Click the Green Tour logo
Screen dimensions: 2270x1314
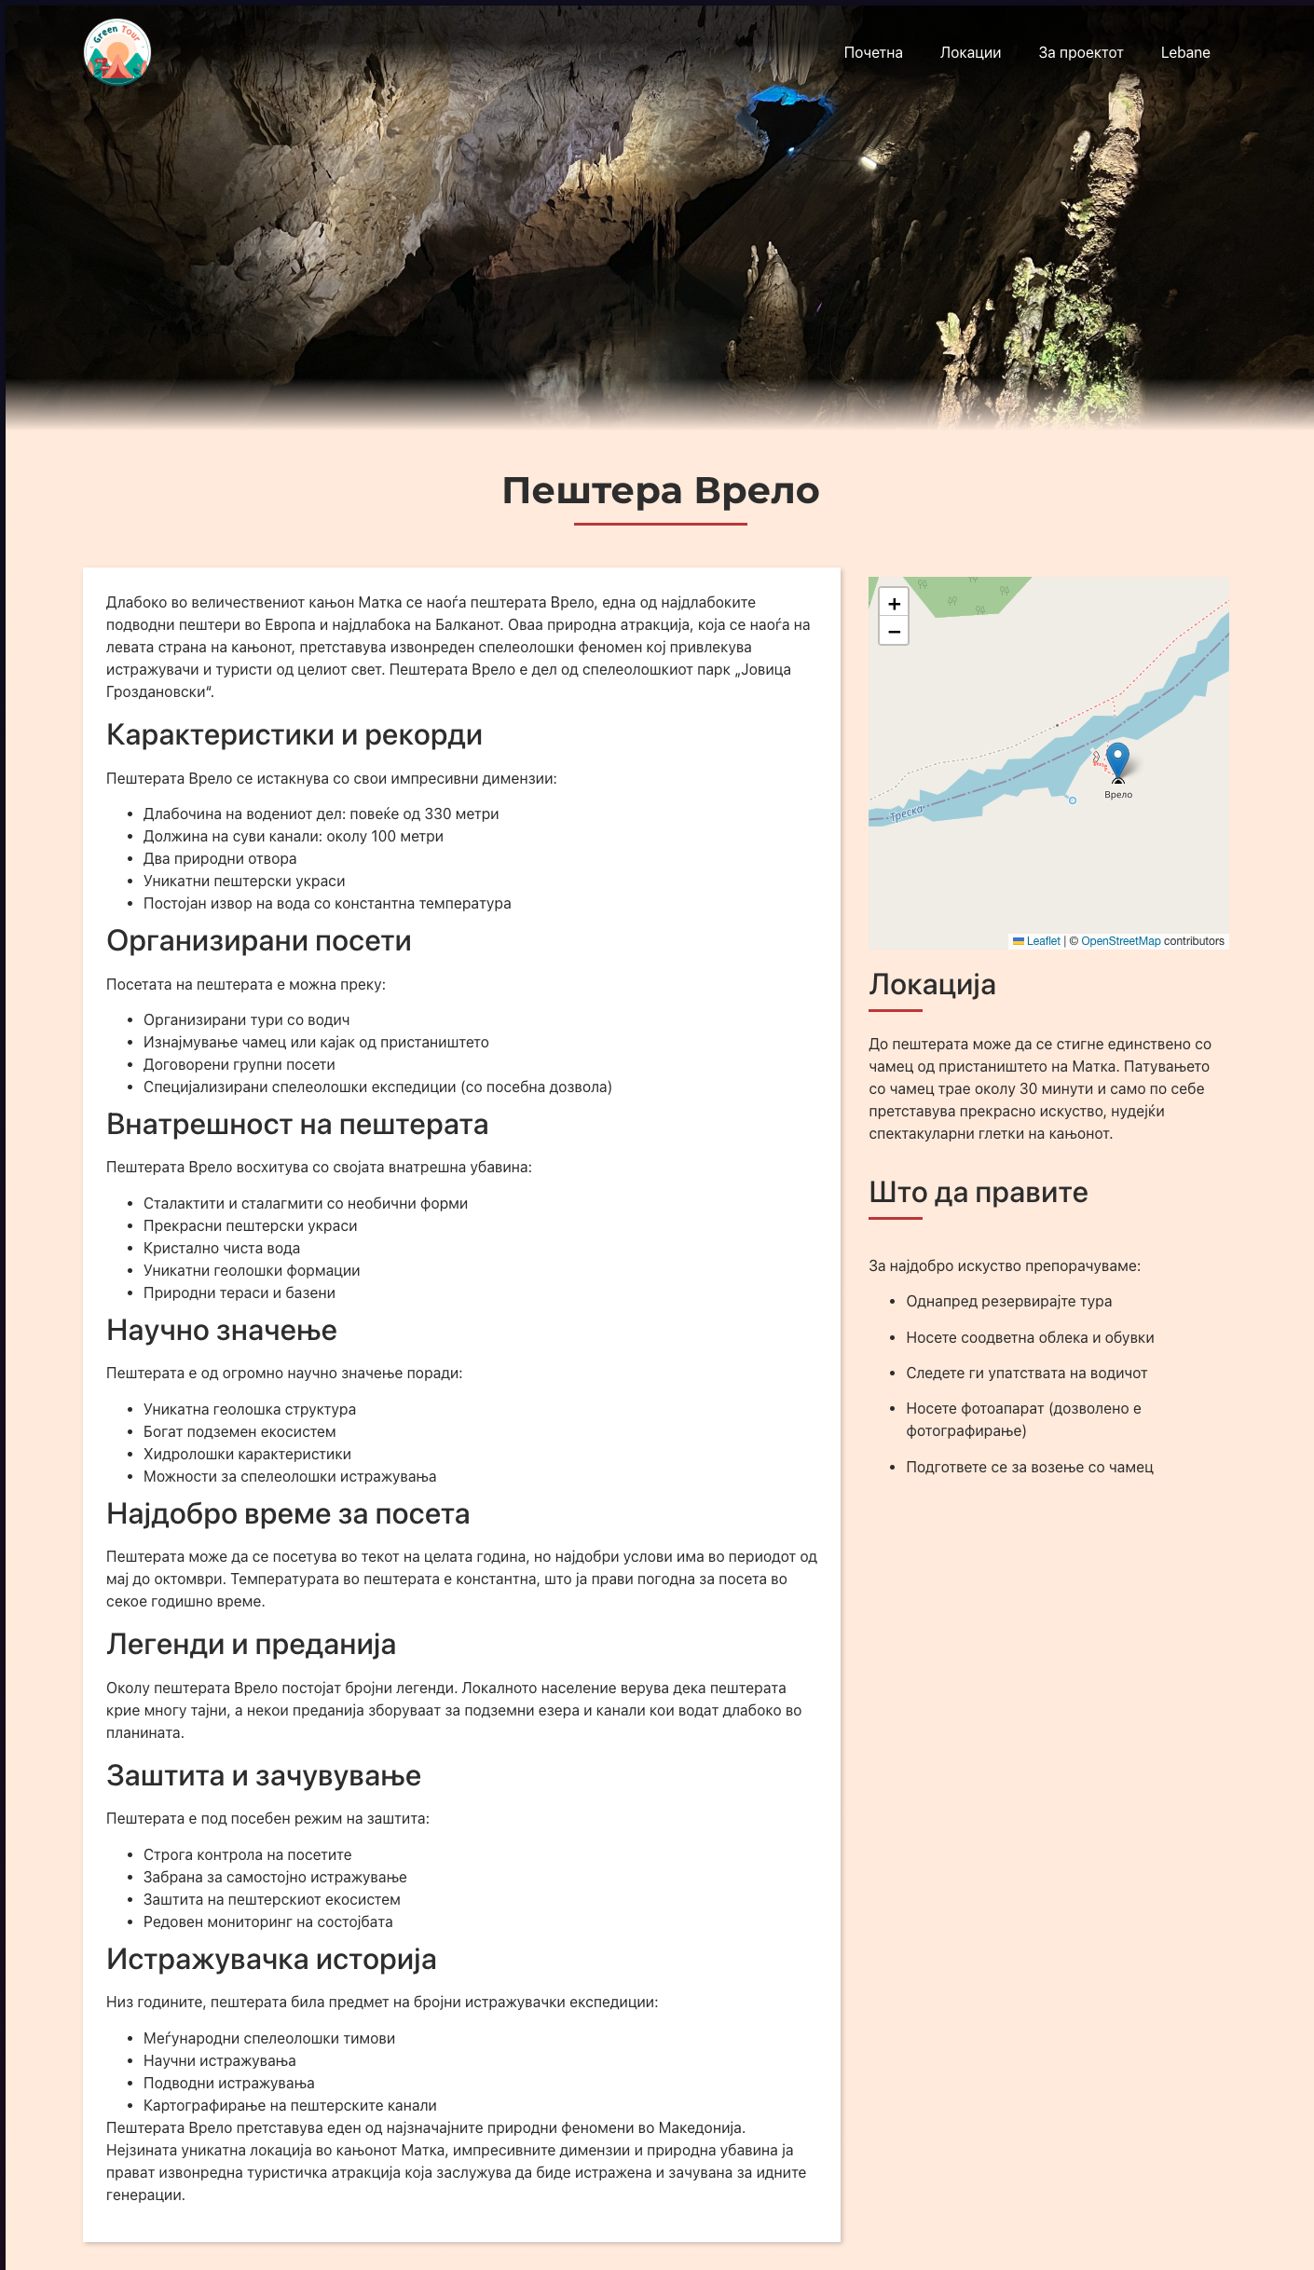(x=117, y=52)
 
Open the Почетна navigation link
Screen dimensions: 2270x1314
(x=872, y=53)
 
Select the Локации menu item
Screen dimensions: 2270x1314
(x=970, y=53)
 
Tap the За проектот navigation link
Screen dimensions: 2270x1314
(x=1080, y=53)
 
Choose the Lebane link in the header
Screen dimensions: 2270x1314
(x=1184, y=53)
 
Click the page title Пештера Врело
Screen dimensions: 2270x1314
(x=660, y=490)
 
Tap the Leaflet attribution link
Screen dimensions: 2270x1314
(x=1043, y=941)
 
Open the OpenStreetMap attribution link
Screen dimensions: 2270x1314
(x=1120, y=941)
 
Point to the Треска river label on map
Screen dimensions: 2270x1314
(x=906, y=813)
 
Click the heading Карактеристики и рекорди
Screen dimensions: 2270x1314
(x=294, y=735)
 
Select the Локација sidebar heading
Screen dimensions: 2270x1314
(x=932, y=985)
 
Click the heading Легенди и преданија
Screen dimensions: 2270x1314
(x=251, y=1645)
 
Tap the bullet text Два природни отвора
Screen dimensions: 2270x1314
(x=220, y=859)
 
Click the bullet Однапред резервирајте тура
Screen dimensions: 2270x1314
(x=1008, y=1302)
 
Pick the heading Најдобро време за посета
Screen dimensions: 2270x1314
(x=287, y=1514)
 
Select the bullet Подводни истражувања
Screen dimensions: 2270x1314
(x=228, y=2084)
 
